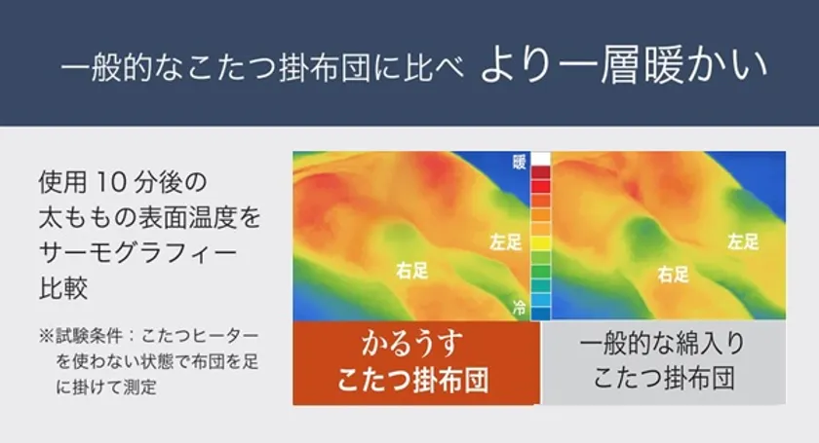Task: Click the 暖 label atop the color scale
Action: [519, 162]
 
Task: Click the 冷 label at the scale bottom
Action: [519, 308]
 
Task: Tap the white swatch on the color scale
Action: [540, 159]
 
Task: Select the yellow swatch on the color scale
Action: [540, 243]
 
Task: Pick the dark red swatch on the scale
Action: [540, 172]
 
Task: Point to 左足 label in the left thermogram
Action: [505, 242]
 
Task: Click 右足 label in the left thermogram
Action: [412, 271]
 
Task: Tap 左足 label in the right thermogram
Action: [743, 241]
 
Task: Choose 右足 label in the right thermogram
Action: [674, 274]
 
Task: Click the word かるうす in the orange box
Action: [412, 344]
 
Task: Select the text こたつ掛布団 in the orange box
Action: [412, 380]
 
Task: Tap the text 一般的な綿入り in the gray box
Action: [663, 344]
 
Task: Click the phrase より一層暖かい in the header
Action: [624, 66]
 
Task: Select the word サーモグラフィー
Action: [137, 252]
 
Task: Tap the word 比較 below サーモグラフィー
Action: [62, 287]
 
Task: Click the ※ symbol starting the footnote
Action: [46, 336]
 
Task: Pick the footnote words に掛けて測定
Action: [106, 387]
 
